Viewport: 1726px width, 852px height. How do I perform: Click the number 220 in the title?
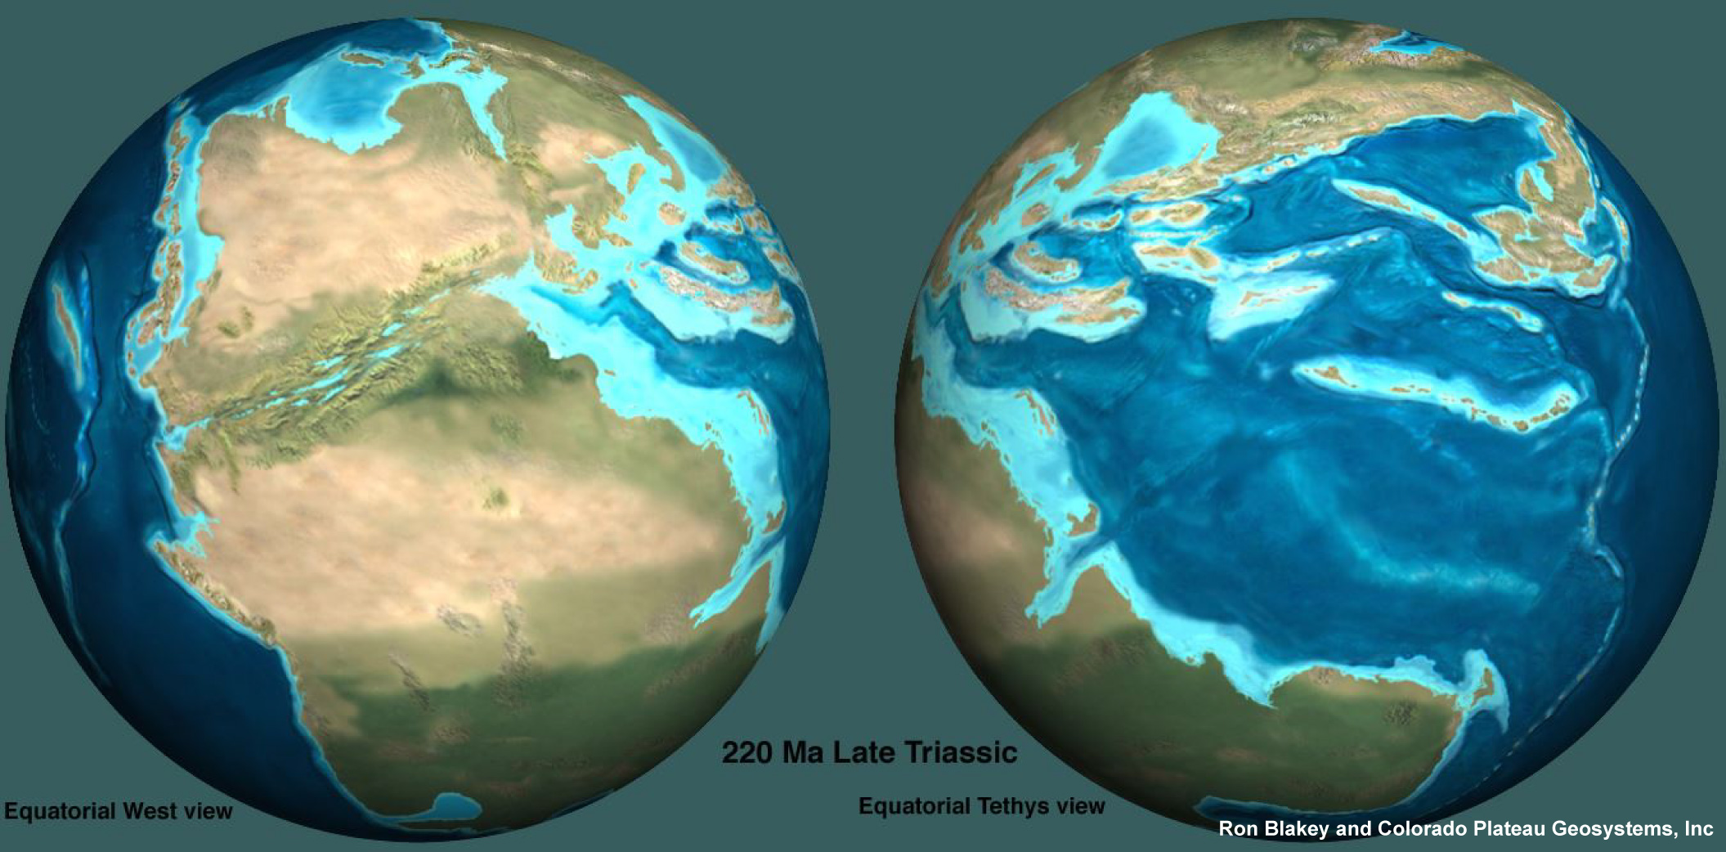(747, 752)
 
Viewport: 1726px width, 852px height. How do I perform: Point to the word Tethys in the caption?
(1009, 806)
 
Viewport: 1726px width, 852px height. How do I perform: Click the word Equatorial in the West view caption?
(59, 811)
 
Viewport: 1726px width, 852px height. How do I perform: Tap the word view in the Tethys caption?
(1080, 806)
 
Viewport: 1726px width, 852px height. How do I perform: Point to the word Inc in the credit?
(1699, 829)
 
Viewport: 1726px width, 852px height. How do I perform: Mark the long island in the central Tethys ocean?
(1431, 392)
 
